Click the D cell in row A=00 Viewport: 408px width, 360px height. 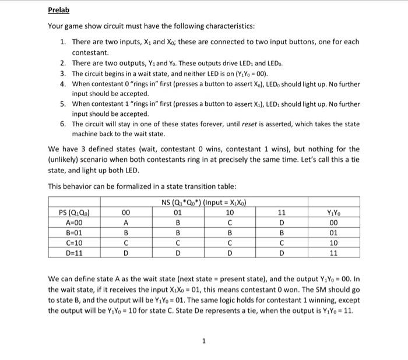pos(282,223)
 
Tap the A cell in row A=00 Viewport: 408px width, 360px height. pos(126,223)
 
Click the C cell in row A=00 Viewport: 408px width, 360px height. pos(230,223)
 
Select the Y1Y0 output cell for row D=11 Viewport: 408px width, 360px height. pos(333,254)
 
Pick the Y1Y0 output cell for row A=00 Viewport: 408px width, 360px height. pos(333,223)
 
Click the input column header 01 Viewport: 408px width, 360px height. pos(178,212)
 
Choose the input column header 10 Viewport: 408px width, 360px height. pos(230,212)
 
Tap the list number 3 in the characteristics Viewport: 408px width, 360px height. pos(63,74)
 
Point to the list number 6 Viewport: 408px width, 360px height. pos(63,124)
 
